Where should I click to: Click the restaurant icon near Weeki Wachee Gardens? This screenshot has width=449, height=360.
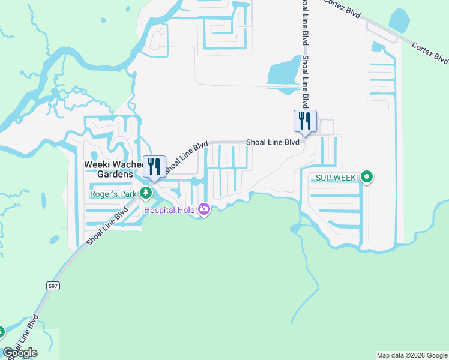point(154,166)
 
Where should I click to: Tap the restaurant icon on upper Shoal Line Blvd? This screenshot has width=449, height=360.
point(305,121)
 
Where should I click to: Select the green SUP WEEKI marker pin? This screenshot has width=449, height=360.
point(367,178)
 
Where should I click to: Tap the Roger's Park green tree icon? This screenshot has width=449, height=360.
point(145,193)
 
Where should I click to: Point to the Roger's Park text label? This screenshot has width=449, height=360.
point(113,193)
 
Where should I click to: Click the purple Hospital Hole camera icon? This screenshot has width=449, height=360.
point(204,209)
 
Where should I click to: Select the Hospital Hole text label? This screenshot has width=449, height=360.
point(170,210)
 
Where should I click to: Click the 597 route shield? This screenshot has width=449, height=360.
point(53,286)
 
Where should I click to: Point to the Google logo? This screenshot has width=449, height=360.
point(20,353)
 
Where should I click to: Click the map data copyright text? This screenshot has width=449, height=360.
point(412,355)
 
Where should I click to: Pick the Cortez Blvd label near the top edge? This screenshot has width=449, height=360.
point(343,8)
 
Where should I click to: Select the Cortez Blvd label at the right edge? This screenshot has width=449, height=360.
point(430,53)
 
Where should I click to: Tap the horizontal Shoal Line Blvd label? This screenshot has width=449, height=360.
point(272,142)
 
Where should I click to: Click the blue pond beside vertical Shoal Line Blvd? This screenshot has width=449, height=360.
point(284,72)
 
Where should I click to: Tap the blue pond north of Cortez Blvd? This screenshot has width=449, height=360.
point(399,20)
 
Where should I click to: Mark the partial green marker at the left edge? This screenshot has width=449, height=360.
point(1,331)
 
